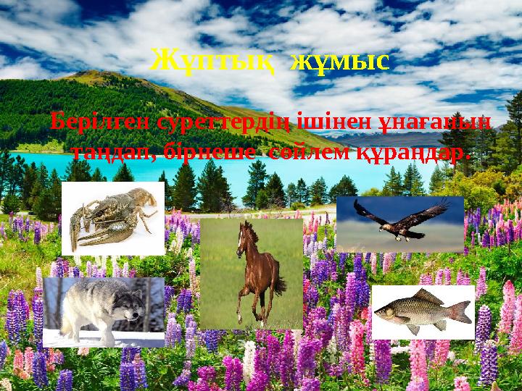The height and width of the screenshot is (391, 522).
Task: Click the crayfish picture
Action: [x=113, y=218]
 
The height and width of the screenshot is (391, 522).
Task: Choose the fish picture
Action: [x=423, y=312]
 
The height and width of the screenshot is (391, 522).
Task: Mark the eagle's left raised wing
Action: [x=367, y=211]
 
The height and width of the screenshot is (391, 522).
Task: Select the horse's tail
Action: [x=278, y=282]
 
